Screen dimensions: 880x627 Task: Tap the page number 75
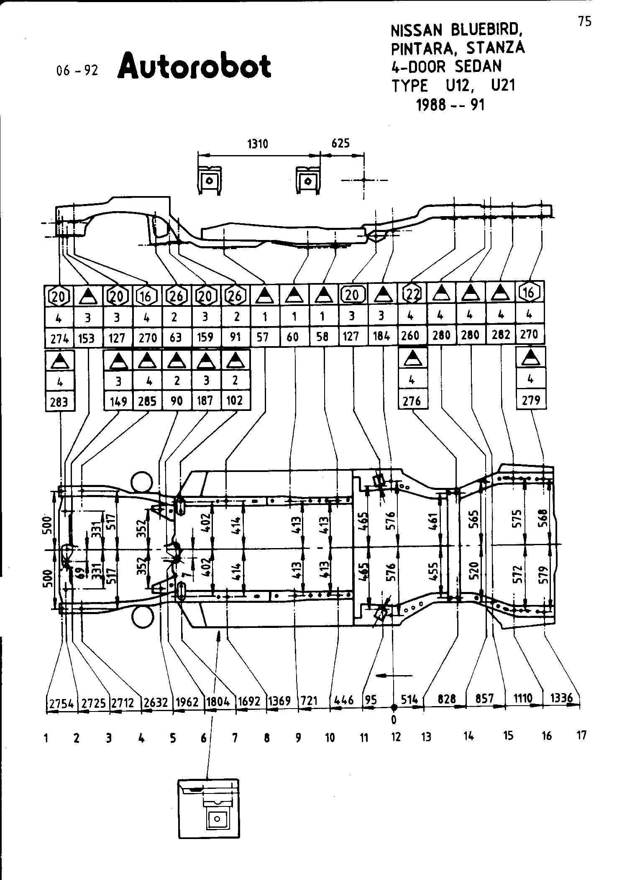585,22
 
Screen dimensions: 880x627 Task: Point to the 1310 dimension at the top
258,144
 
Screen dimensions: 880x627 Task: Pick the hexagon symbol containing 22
412,294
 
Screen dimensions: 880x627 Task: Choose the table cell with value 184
381,336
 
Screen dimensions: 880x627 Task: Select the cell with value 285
147,401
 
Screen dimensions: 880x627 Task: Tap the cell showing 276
412,401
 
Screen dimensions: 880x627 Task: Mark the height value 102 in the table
235,400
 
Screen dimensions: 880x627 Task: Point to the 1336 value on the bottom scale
561,698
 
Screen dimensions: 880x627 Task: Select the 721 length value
310,701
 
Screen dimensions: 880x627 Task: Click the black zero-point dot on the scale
394,707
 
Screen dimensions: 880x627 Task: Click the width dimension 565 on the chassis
474,520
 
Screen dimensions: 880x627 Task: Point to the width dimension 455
434,571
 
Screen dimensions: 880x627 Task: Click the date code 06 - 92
77,71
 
